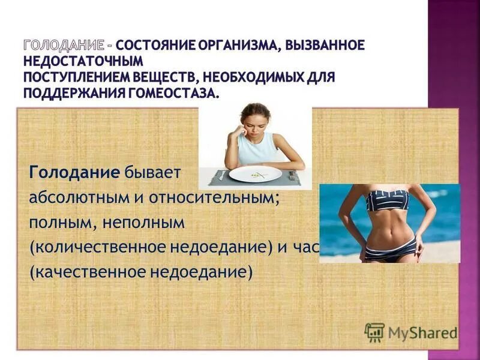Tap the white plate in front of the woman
[255, 174]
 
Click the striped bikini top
[387, 200]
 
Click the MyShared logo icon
[375, 332]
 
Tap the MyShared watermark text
[422, 332]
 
